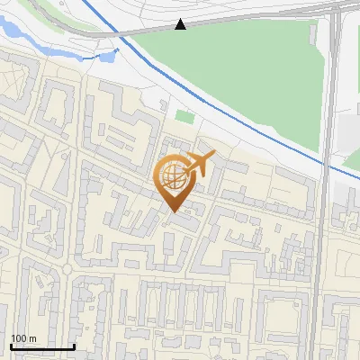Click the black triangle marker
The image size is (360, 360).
tap(181, 24)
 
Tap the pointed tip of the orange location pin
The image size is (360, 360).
tap(174, 211)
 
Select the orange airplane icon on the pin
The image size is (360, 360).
tap(199, 164)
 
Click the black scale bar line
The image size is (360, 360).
tap(41, 346)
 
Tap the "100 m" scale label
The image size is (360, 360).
tap(23, 338)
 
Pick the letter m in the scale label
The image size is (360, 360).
tap(32, 338)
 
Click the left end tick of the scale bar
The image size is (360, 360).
tap(10, 345)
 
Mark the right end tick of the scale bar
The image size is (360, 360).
tap(74, 345)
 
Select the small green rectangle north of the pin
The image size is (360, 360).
tap(184, 116)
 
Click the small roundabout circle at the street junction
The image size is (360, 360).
tap(68, 267)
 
